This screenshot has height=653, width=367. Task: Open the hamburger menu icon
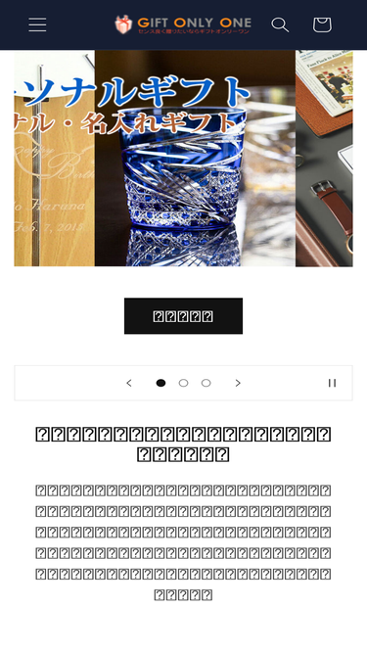(37, 24)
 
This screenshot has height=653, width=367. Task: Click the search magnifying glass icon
(280, 24)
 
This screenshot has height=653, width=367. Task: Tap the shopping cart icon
(322, 24)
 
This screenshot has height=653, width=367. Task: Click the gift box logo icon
(123, 23)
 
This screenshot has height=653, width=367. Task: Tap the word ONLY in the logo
(196, 22)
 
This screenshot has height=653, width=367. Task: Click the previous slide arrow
(129, 383)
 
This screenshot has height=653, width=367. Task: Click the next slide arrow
(238, 383)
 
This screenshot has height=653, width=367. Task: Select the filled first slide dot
(161, 383)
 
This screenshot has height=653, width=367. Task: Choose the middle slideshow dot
(183, 383)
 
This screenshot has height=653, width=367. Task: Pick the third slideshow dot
(206, 383)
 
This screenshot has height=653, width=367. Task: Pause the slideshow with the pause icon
(332, 383)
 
